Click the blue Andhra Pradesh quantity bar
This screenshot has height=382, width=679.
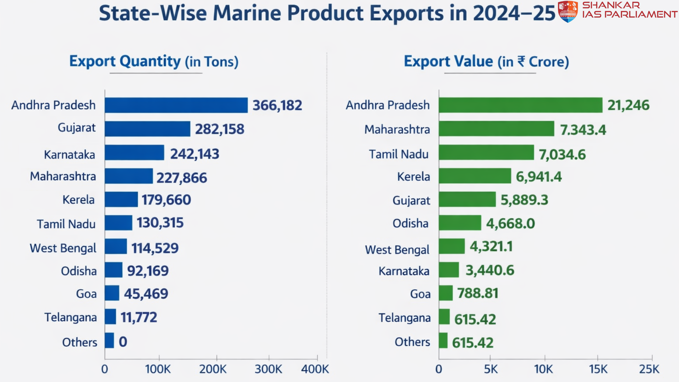176,105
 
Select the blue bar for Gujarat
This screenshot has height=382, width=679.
147,129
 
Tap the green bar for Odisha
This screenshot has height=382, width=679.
460,223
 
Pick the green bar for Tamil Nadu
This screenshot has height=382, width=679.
486,152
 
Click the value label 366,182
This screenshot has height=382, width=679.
277,105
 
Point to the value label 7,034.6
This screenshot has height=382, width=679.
562,155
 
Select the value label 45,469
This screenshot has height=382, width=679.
146,294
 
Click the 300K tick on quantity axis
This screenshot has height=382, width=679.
268,369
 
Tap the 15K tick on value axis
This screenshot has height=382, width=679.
598,369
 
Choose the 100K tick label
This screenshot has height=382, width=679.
158,369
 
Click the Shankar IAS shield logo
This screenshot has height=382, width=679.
568,11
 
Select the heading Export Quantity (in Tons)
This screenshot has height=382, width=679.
154,62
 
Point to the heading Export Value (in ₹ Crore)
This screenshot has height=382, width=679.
486,62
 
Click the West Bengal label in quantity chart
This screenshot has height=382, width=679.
63,248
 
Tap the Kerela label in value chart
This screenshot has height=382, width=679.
413,176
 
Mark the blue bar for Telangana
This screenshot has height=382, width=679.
110,317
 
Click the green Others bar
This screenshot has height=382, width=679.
443,341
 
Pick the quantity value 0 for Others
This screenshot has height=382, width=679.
123,342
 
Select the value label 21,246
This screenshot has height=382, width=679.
628,105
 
